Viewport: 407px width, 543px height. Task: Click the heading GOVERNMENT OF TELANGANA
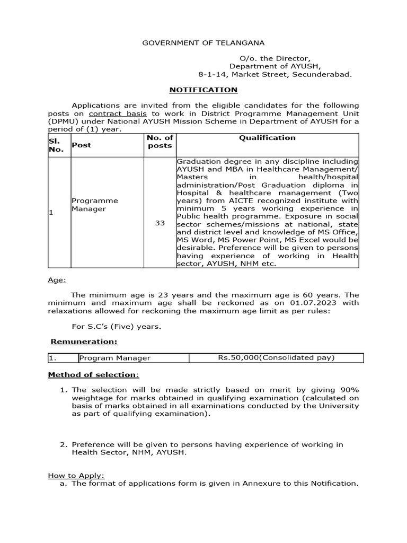203,42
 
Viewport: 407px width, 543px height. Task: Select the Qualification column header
267,138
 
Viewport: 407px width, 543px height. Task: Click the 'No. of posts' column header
160,142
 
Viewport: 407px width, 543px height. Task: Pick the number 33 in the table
160,223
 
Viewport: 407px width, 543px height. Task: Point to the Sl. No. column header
57,145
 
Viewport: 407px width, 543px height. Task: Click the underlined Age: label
57,279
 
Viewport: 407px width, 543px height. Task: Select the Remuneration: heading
84,341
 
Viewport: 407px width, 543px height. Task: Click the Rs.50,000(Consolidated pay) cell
276,358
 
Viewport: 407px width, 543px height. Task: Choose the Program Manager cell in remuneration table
115,358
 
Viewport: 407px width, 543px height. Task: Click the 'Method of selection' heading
93,375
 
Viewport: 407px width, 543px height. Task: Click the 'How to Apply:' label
76,475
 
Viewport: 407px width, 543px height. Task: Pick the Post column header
81,145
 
